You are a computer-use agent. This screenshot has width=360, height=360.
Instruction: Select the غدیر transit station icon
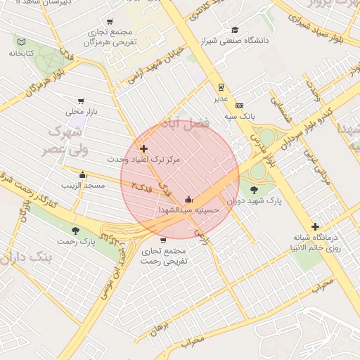coord(221,88)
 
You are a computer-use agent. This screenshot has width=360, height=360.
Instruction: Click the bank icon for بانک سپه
coord(239,105)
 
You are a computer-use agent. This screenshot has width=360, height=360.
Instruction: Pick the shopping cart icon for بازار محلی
coord(82,101)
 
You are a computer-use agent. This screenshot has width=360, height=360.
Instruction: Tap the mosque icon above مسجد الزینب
coord(83,174)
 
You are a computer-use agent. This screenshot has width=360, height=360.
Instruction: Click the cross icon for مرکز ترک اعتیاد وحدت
coord(144,148)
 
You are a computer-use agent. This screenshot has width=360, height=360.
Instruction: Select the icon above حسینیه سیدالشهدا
coord(188,199)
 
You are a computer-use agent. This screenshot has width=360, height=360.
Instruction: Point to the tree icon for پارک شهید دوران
coord(254,189)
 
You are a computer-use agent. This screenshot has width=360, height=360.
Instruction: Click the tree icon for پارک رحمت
coord(76,231)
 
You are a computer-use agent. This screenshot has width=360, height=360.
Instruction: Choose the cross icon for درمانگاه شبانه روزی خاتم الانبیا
coord(315,226)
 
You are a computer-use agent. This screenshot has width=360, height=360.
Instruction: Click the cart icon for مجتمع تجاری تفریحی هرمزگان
coord(110,22)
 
